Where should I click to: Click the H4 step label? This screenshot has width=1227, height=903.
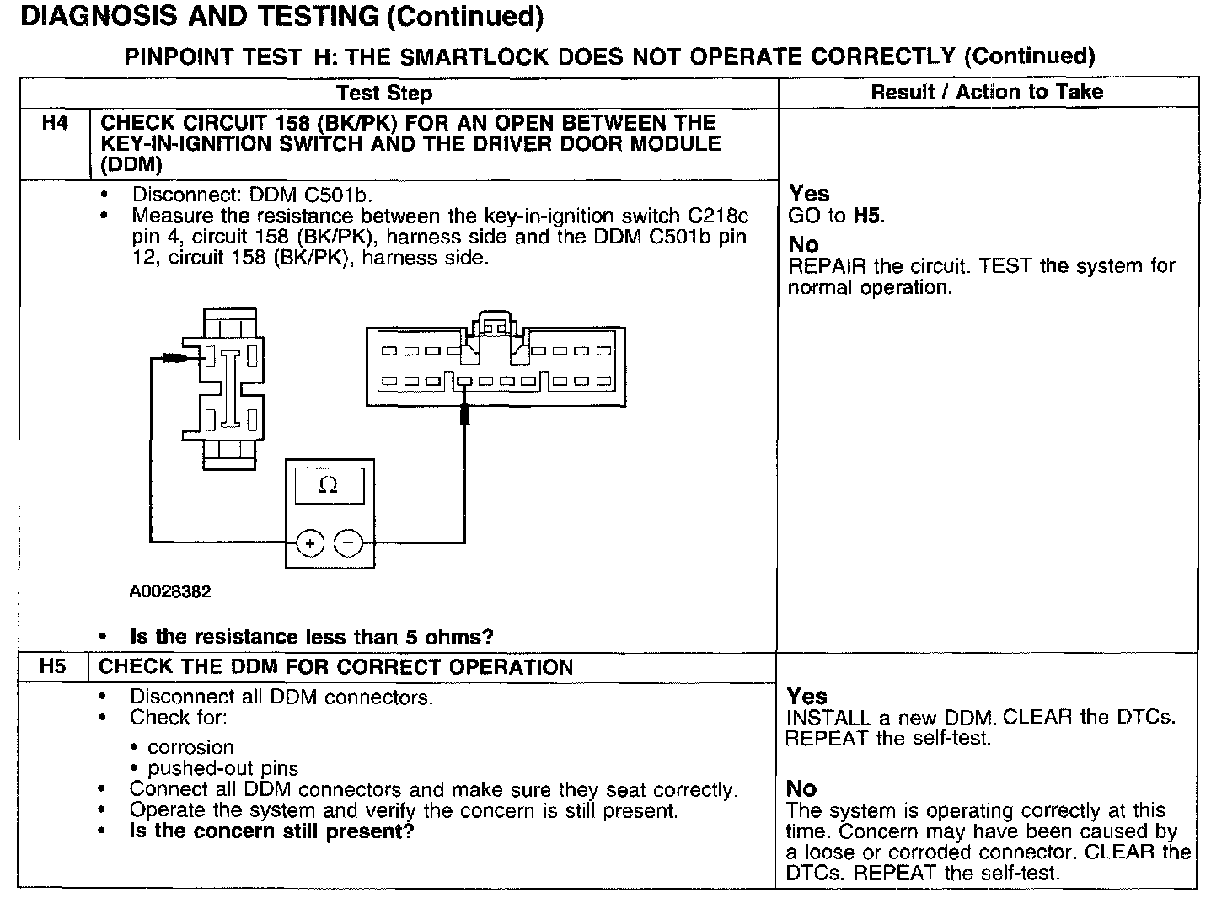click(55, 123)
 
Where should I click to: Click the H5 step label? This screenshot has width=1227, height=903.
click(52, 666)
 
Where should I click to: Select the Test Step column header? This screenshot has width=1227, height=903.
click(384, 93)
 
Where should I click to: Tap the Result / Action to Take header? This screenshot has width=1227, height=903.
click(986, 92)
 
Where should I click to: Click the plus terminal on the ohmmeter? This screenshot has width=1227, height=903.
click(310, 544)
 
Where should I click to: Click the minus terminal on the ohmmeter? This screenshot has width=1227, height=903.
click(348, 544)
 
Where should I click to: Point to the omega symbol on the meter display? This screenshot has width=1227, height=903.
click(329, 485)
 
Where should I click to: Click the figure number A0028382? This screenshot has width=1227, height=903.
click(169, 591)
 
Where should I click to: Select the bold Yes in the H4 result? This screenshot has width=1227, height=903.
click(809, 194)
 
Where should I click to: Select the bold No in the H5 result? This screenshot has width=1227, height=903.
click(801, 788)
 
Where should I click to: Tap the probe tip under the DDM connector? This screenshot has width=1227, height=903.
click(464, 414)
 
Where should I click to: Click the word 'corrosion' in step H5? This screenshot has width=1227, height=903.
click(190, 747)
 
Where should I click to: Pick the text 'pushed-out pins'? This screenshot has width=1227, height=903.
click(222, 768)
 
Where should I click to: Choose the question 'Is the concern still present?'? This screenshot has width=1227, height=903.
click(271, 831)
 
